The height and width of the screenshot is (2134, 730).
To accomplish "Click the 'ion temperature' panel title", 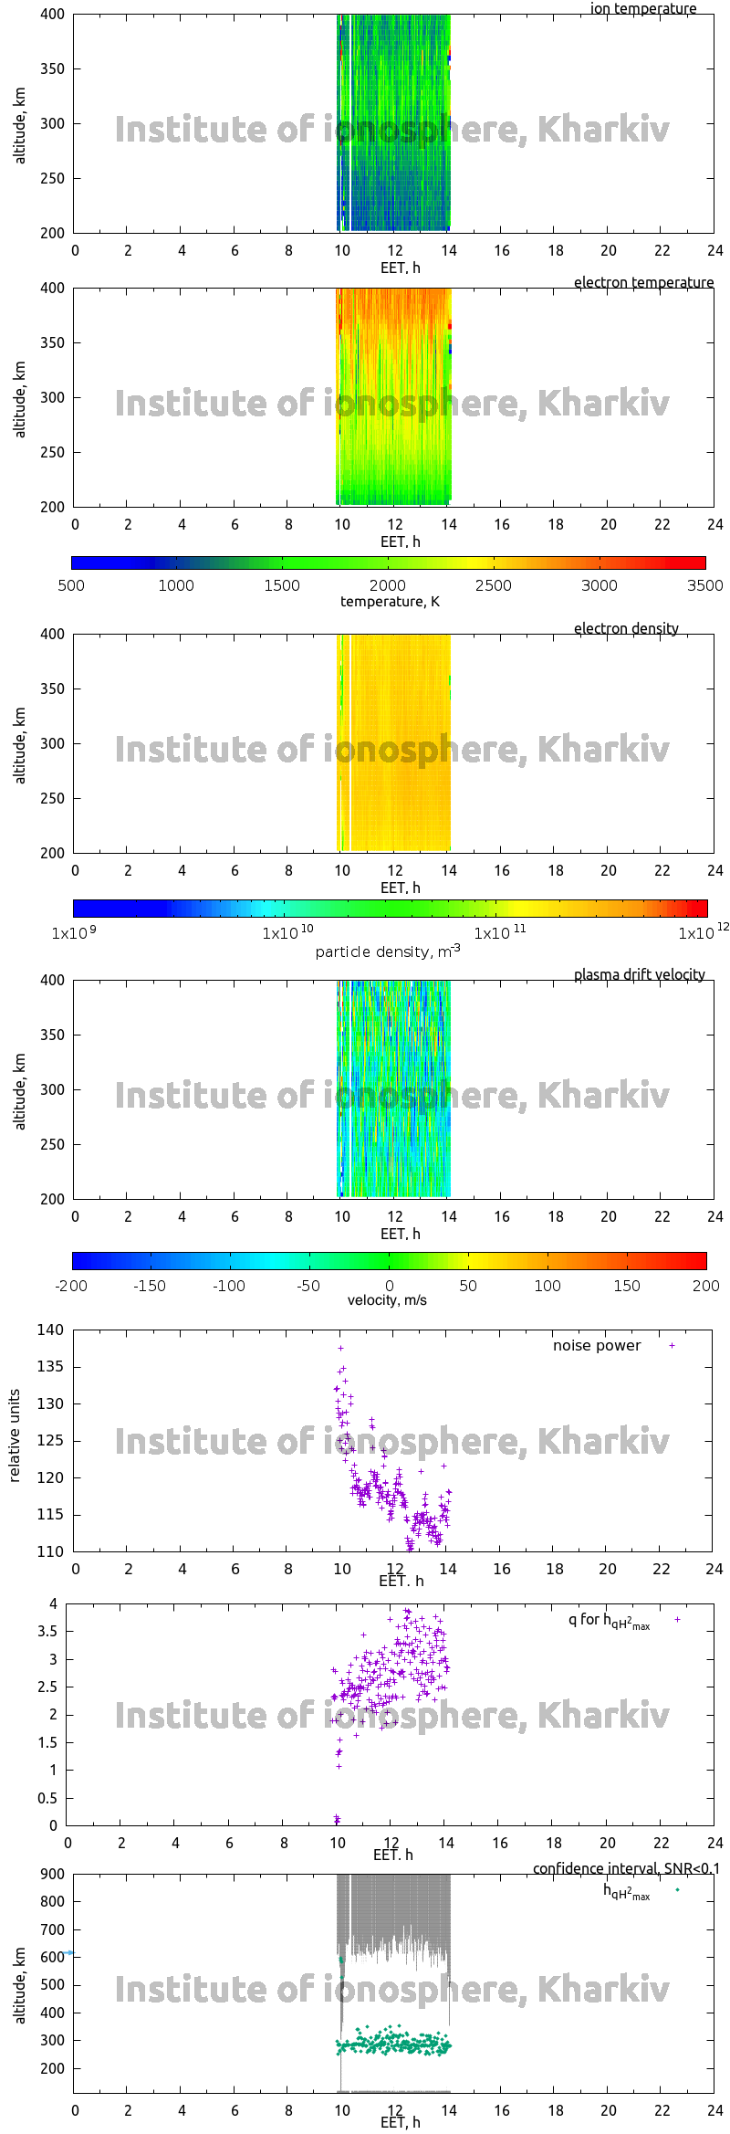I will point(643,9).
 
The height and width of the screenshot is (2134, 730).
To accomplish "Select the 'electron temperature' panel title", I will point(643,282).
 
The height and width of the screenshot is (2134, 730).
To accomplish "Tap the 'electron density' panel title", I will point(626,628).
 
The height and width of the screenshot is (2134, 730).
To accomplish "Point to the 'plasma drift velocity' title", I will point(639,974).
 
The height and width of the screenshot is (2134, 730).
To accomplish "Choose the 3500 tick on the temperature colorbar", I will point(704,585).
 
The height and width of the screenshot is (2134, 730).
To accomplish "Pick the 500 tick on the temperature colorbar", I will point(71,585).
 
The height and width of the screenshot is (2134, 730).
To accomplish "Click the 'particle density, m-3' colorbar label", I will point(388,951).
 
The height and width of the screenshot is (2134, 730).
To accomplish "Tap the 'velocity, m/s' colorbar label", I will point(387,1299).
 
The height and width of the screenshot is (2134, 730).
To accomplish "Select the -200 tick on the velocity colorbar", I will point(71,1286).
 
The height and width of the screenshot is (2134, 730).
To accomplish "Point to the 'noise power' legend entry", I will point(597,1345).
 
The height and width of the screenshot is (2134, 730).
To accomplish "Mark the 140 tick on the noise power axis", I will point(51,1330).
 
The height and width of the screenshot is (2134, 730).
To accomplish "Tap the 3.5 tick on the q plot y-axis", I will point(47,1631).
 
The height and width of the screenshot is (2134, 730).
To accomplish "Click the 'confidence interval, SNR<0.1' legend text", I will point(626,1868).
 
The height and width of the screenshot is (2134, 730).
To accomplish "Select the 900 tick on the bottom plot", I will point(53,1874).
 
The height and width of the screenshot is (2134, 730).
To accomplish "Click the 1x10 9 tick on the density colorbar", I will point(73,932).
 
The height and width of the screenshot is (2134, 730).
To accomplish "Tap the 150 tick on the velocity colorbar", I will point(627,1286).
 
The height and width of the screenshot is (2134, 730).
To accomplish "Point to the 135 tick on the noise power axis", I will point(51,1367).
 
